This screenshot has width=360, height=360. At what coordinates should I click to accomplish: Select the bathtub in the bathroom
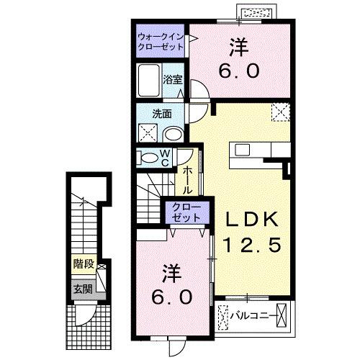tap(150, 80)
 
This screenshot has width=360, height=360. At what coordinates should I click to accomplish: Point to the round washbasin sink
tap(173, 134)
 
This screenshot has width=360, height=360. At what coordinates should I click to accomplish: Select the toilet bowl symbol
tap(147, 157)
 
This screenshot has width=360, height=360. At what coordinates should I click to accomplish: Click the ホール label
tap(186, 180)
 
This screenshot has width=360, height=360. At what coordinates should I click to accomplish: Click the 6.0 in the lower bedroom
tap(170, 297)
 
